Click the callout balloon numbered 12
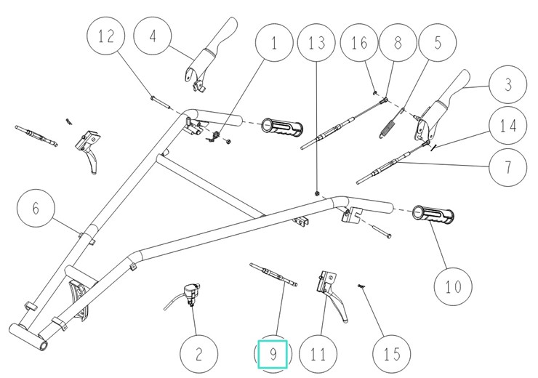click(x=107, y=38)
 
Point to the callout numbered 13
click(x=318, y=44)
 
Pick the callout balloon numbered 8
click(x=398, y=43)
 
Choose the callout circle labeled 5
click(x=438, y=43)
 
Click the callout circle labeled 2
click(x=198, y=355)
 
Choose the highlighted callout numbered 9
click(x=273, y=355)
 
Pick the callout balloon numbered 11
click(x=318, y=355)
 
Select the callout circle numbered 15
click(x=391, y=355)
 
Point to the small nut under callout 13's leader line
click(x=318, y=192)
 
